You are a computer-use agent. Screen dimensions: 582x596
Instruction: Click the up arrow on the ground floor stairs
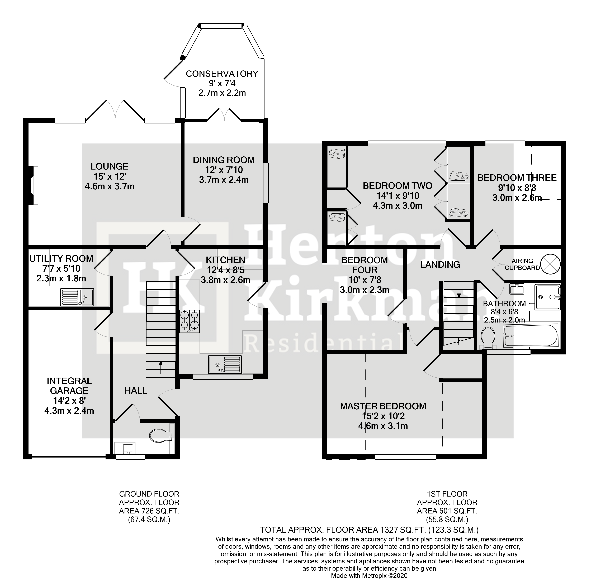pyautogui.click(x=161, y=363)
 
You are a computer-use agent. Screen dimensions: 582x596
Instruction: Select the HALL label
pyautogui.click(x=136, y=390)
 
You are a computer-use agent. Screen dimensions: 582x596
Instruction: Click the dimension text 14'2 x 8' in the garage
pyautogui.click(x=69, y=400)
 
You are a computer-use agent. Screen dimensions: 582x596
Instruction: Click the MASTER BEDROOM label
pyautogui.click(x=383, y=406)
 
